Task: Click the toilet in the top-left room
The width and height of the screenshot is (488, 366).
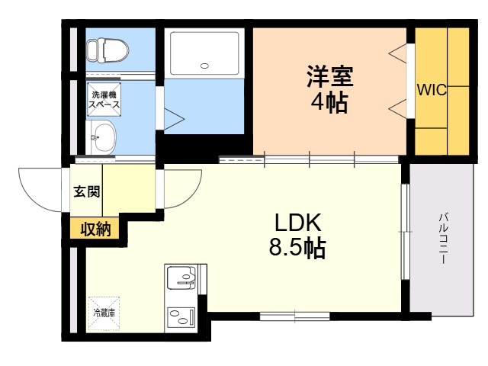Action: click(x=98, y=50)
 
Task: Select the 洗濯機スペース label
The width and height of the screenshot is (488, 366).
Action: click(x=102, y=99)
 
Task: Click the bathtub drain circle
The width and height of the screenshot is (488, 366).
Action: click(x=204, y=66)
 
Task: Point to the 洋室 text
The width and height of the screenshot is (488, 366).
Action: click(x=329, y=76)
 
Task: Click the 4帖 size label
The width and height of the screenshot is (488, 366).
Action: click(x=329, y=103)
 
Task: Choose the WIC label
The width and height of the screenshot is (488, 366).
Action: click(x=431, y=90)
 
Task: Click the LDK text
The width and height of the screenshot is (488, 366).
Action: click(x=300, y=222)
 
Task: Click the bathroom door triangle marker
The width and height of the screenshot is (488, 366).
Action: click(x=175, y=119)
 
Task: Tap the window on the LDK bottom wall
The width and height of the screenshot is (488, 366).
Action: click(x=294, y=315)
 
